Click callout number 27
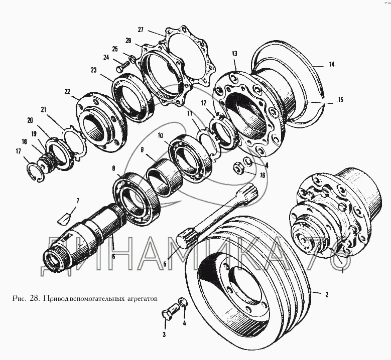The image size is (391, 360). pyautogui.click(x=141, y=30)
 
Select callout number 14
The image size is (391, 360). pyautogui.click(x=331, y=65)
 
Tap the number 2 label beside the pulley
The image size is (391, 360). pyautogui.click(x=327, y=294)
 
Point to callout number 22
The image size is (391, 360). pyautogui.click(x=67, y=92)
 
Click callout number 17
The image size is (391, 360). pyautogui.click(x=19, y=151)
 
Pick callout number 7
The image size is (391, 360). pyautogui.click(x=78, y=200)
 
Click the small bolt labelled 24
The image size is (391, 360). pyautogui.click(x=121, y=66)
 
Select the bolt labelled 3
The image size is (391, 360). pyautogui.click(x=169, y=311)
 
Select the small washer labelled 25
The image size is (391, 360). pyautogui.click(x=133, y=59)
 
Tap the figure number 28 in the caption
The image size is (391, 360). pyautogui.click(x=35, y=298)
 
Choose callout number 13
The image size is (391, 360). pyautogui.click(x=234, y=54)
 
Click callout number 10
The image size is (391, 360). pyautogui.click(x=160, y=135)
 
